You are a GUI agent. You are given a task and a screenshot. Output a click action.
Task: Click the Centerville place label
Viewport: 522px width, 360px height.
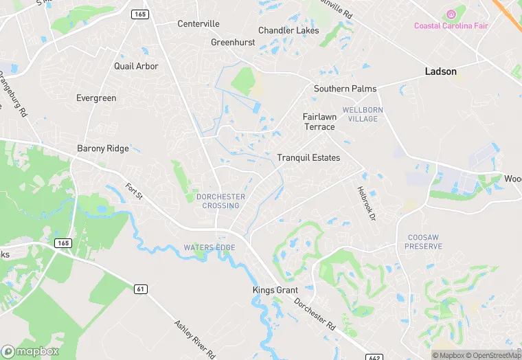tap(198, 24)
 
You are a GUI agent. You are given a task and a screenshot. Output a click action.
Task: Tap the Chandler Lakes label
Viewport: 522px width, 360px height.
tap(288, 30)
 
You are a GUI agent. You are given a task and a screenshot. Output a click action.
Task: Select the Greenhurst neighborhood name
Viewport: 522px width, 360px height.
tap(233, 42)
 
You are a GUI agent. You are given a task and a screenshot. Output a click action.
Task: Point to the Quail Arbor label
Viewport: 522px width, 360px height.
tap(136, 67)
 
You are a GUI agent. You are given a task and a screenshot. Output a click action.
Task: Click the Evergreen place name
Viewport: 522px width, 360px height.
tap(97, 98)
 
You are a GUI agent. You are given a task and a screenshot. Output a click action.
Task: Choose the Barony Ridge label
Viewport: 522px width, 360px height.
tap(102, 148)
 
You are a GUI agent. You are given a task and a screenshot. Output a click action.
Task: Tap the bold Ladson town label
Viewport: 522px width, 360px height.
tap(441, 71)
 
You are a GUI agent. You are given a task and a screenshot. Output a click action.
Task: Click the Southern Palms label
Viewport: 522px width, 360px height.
tap(345, 89)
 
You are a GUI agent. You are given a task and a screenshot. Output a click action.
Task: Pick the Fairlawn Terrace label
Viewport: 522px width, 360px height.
tap(319, 122)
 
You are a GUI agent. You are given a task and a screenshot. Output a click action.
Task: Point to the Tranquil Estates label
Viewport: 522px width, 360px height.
tap(308, 158)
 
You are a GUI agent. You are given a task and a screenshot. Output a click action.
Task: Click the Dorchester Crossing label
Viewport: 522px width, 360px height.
tap(221, 201)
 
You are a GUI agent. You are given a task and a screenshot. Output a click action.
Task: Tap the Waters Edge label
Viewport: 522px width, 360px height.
tap(209, 247)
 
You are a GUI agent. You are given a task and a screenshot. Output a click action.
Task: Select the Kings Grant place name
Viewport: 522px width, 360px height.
tap(275, 291)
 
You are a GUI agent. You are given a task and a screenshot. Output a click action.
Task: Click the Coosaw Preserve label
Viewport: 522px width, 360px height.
tap(423, 241)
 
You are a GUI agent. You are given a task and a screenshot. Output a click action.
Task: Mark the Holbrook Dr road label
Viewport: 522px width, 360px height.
tap(367, 204)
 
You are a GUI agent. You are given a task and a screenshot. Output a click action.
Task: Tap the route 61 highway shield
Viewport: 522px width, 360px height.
tap(141, 289)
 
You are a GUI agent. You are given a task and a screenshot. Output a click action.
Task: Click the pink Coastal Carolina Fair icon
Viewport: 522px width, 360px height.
tap(451, 14)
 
